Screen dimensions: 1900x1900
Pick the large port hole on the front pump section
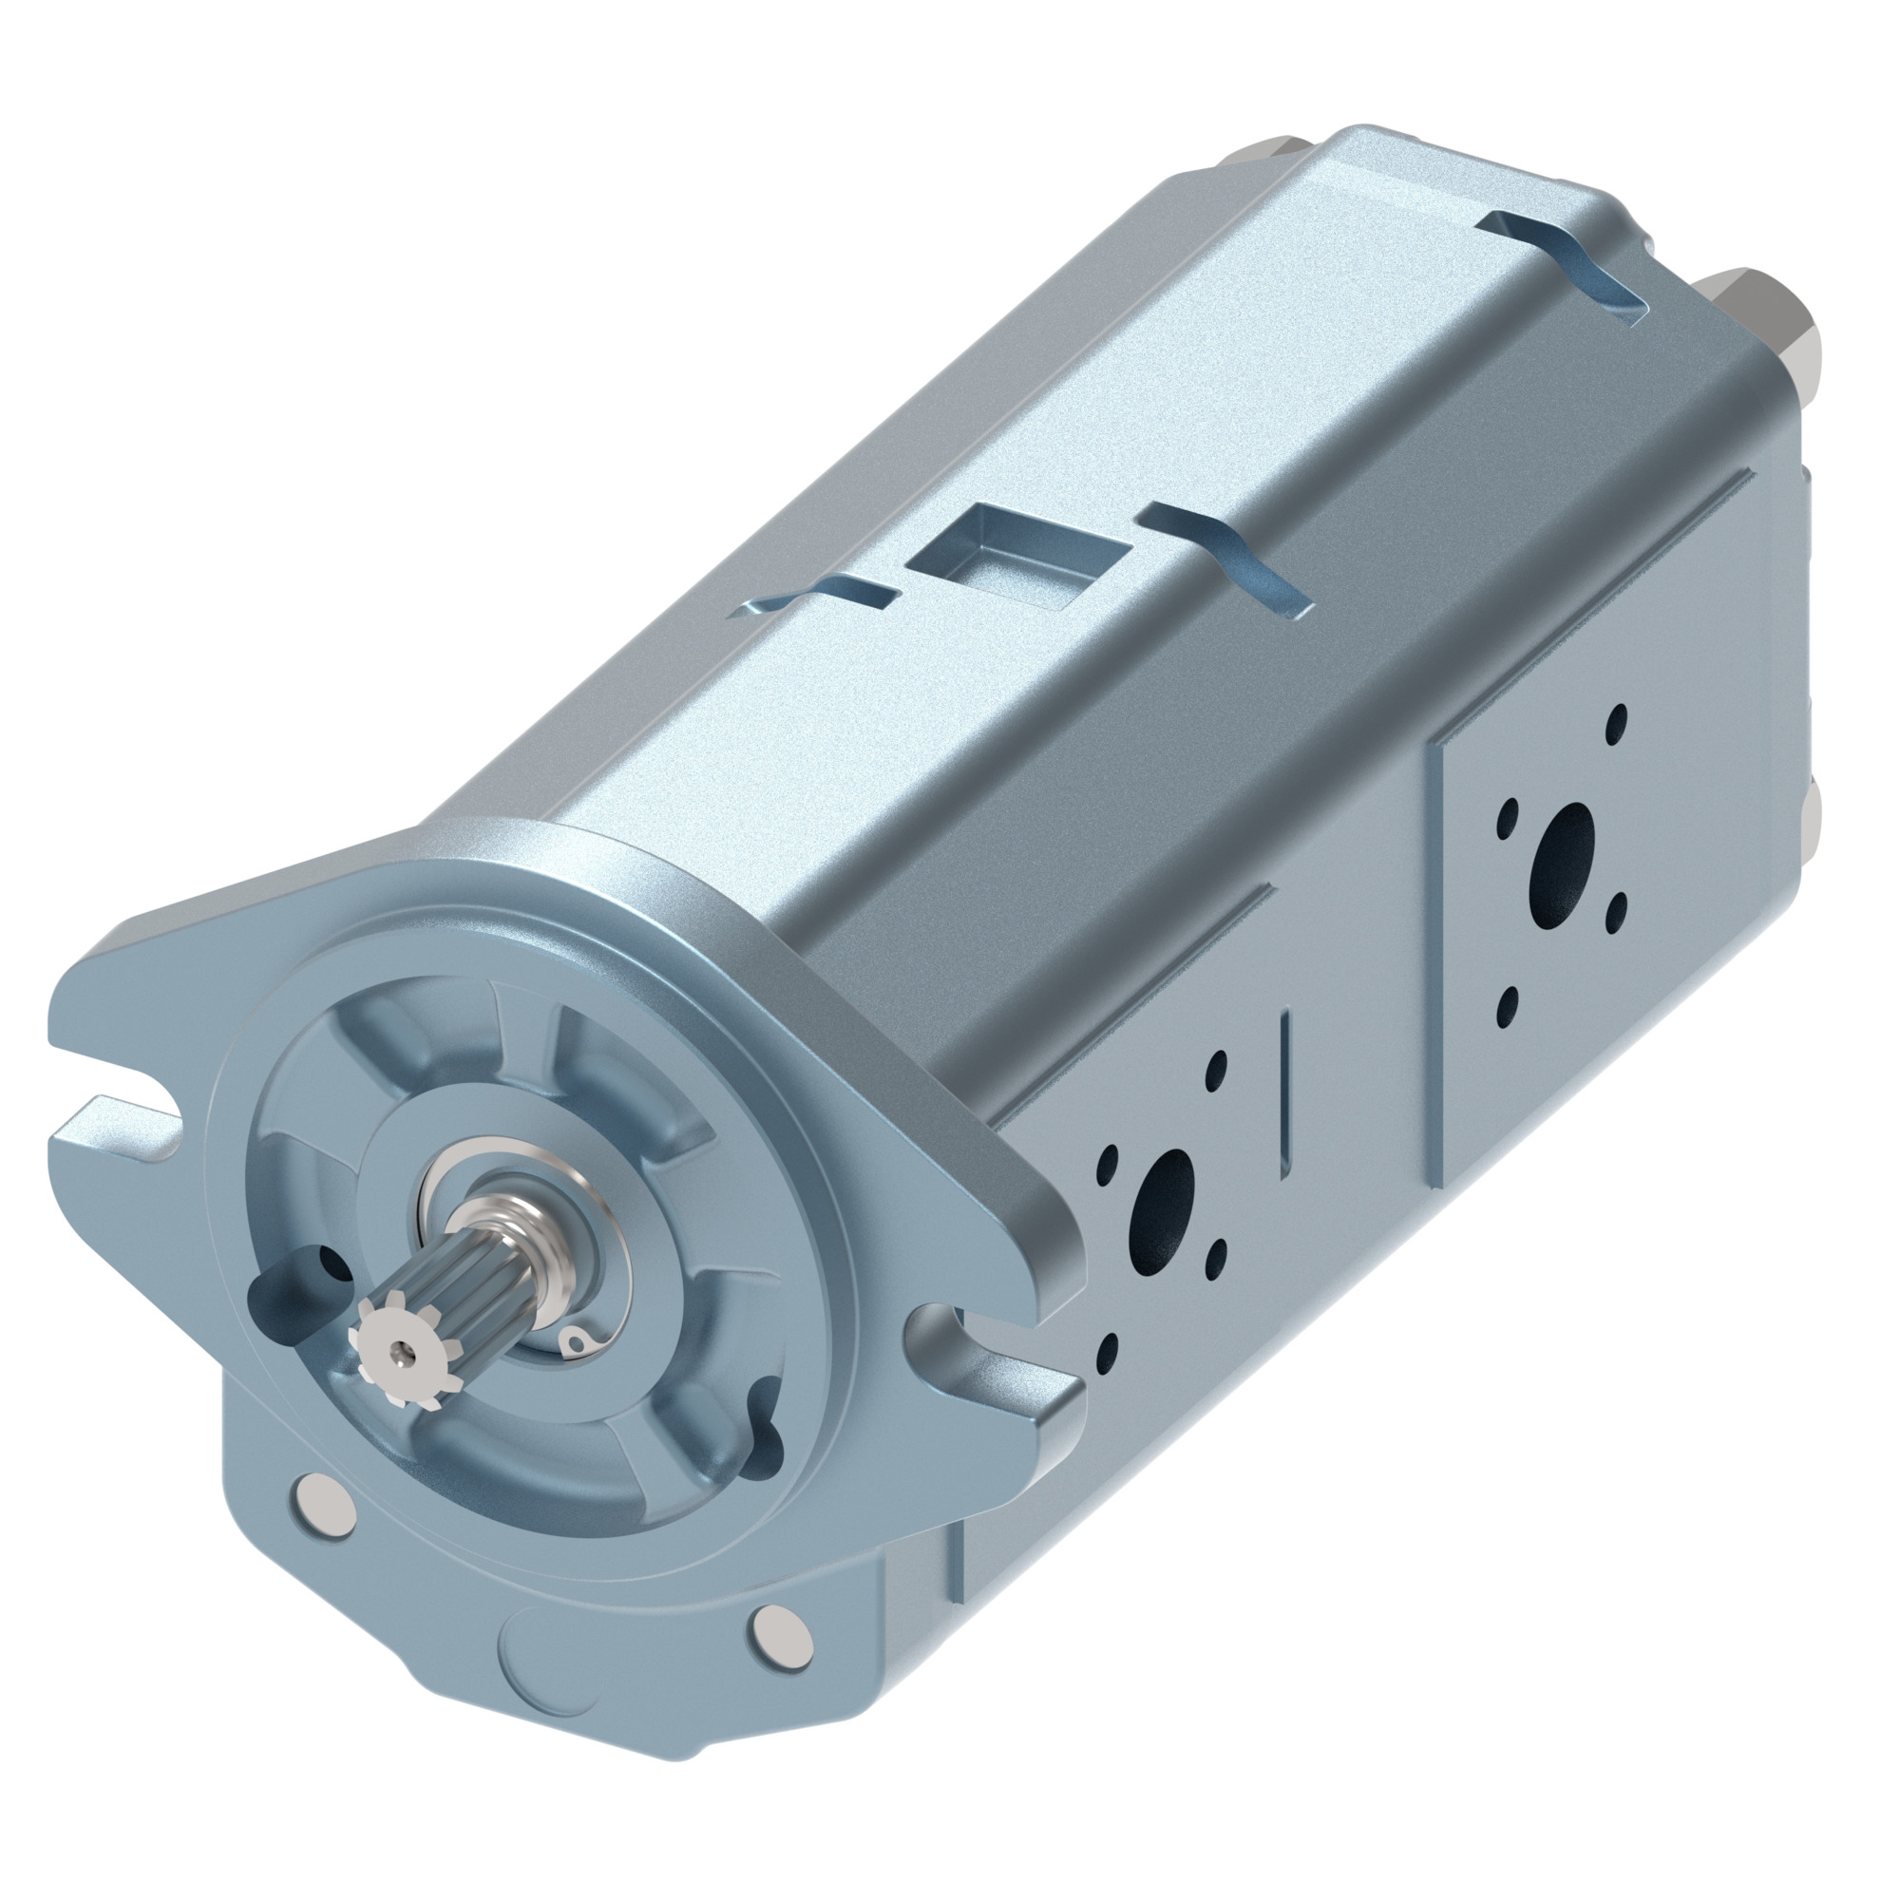coord(1164,1202)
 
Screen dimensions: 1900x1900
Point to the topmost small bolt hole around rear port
coord(1616,724)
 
